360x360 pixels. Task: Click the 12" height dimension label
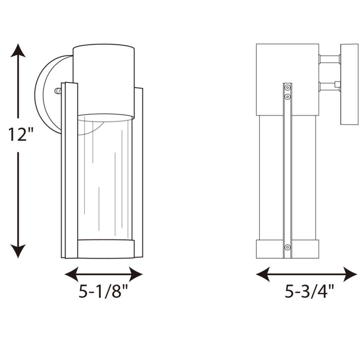[x=21, y=135]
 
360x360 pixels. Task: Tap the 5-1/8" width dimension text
[x=103, y=293]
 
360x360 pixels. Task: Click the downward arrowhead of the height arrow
[x=19, y=250]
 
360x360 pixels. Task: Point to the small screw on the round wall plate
[x=58, y=91]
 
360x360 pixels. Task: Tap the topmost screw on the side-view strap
[x=287, y=88]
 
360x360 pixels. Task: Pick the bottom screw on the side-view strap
[x=287, y=248]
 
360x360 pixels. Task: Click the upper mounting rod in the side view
[x=329, y=59]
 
